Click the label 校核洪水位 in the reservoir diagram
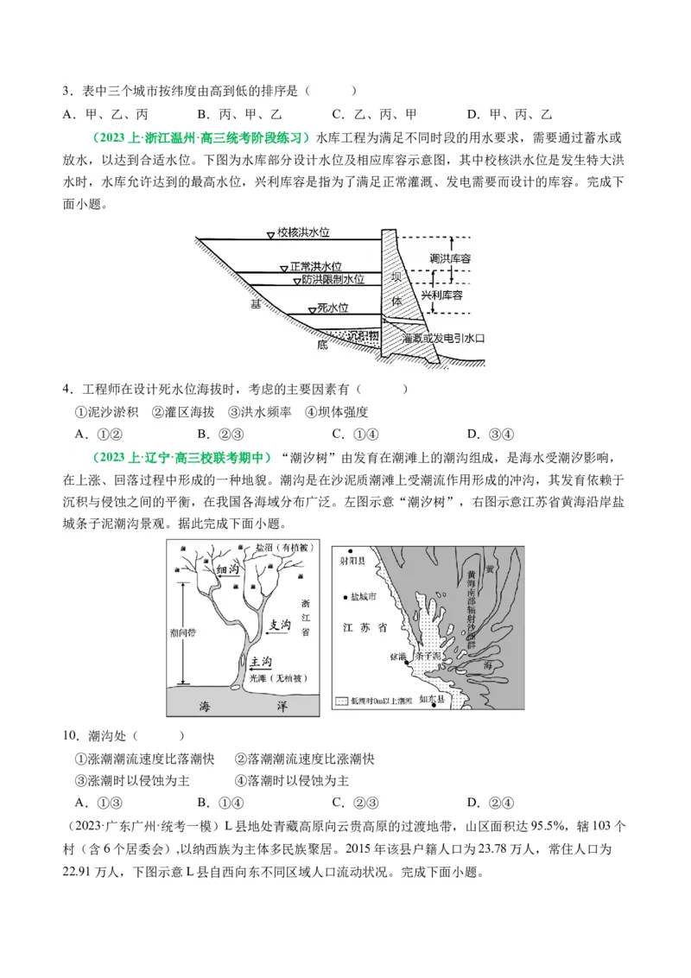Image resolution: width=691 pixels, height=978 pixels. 304,232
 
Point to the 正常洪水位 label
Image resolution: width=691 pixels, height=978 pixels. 316,267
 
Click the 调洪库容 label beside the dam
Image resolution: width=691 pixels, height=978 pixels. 450,258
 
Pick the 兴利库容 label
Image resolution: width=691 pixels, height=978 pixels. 442,295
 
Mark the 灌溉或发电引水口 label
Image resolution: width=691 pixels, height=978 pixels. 443,339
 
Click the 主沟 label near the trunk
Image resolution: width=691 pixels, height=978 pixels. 260,661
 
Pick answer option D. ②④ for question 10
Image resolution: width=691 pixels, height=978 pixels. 490,802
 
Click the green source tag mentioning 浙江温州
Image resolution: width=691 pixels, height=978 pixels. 200,137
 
